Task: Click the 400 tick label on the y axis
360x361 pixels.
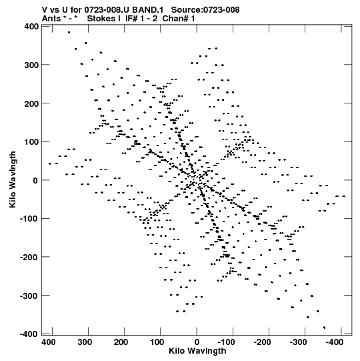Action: point(31,27)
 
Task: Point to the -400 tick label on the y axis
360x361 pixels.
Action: point(29,334)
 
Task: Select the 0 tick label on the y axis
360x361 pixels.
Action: point(35,180)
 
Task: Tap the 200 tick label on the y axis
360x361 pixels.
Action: point(31,103)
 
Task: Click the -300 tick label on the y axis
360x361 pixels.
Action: point(29,296)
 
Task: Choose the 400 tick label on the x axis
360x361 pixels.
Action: point(49,342)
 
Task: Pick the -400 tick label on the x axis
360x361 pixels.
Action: point(334,342)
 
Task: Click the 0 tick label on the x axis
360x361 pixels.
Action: point(197,342)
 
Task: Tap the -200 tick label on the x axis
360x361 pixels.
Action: point(262,342)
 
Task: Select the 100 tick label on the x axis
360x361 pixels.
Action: point(157,342)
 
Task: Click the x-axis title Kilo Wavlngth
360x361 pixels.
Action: point(197,351)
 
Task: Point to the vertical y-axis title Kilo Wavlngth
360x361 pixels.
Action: point(13,179)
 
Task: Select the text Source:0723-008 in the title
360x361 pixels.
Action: point(205,10)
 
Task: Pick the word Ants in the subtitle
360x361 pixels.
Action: point(51,19)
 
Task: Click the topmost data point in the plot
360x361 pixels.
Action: point(69,33)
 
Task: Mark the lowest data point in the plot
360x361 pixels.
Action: point(325,328)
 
